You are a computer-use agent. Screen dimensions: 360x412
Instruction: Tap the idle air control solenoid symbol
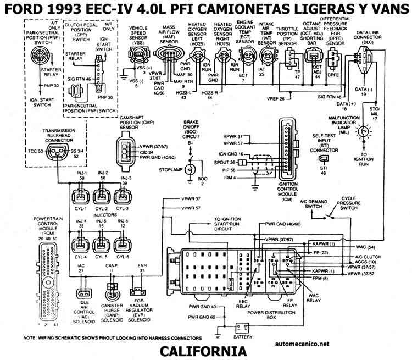[x=83, y=293]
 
